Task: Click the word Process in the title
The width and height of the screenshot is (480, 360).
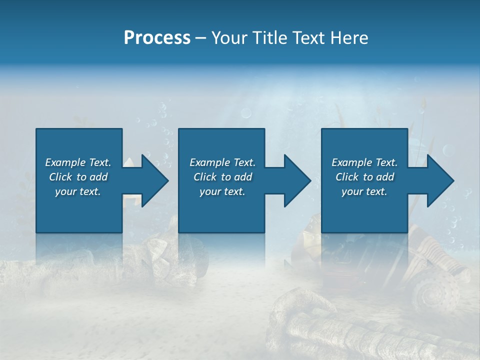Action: coord(157,38)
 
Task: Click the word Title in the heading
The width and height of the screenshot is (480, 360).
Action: coord(270,38)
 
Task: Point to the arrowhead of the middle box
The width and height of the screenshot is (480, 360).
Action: coord(297,180)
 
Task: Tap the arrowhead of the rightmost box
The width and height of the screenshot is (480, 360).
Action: coord(440,180)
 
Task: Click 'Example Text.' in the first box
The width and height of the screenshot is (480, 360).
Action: coord(78,162)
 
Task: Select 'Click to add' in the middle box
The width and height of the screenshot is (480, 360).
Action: coord(222,177)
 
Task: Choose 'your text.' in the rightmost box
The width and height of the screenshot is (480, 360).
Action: coord(364,191)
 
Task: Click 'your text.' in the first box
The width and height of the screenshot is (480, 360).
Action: coord(78,191)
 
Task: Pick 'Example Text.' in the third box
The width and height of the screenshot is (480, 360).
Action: coord(364,162)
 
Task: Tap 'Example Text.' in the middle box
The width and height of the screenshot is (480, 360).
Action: coord(222,162)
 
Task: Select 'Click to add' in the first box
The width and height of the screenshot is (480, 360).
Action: coord(78,177)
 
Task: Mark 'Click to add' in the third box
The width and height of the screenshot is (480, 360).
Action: coord(364,177)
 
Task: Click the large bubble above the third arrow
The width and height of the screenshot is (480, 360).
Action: coord(448,150)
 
